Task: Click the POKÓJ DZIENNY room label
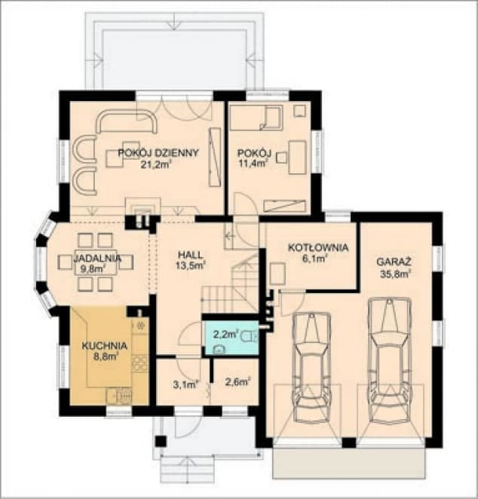point(158,153)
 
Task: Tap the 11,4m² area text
point(253,164)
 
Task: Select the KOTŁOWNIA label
point(318,247)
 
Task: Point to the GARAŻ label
point(394,262)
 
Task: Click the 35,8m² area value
point(394,274)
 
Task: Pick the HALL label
point(190,255)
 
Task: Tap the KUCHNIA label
point(105,346)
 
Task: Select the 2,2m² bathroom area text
point(226,335)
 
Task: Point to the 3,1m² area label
point(186,384)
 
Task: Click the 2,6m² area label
point(237,382)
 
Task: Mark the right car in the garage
point(390,360)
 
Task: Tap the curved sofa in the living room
point(127,121)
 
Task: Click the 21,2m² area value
point(156,164)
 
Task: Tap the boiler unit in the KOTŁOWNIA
point(277,274)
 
